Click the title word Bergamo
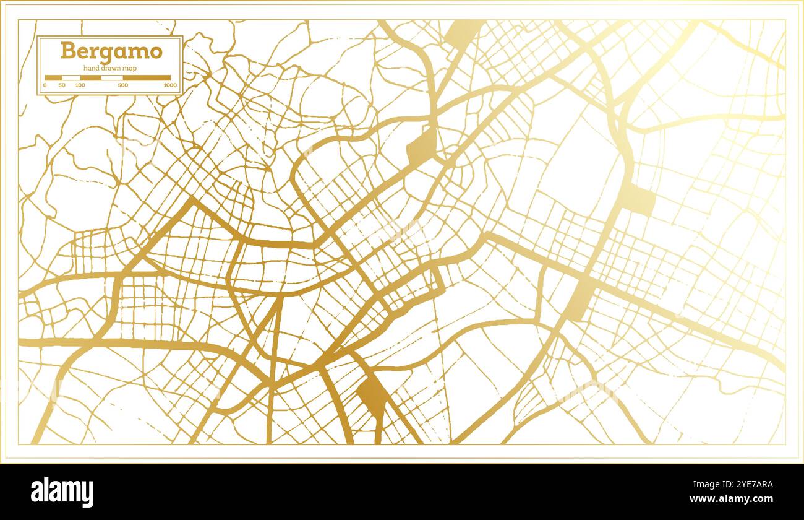(x=111, y=51)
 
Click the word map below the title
(x=129, y=67)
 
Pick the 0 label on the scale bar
(x=45, y=85)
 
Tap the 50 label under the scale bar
(x=62, y=85)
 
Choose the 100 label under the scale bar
(x=80, y=85)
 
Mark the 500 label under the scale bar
(x=123, y=85)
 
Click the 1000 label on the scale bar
(x=169, y=85)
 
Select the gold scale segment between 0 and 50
(x=53, y=78)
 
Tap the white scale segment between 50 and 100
(x=71, y=78)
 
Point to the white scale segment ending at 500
(x=111, y=78)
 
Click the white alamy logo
(x=62, y=492)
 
